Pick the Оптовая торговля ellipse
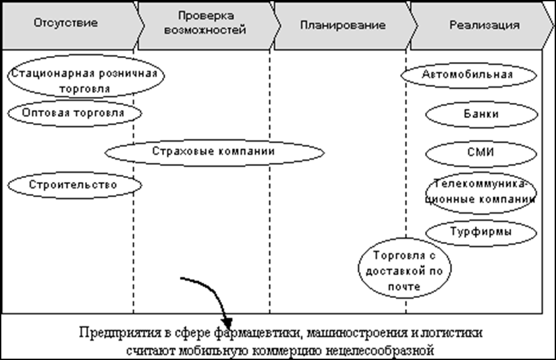tap(73, 113)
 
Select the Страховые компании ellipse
tap(213, 152)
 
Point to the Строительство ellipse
tap(73, 184)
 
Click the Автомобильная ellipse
tap(467, 74)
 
